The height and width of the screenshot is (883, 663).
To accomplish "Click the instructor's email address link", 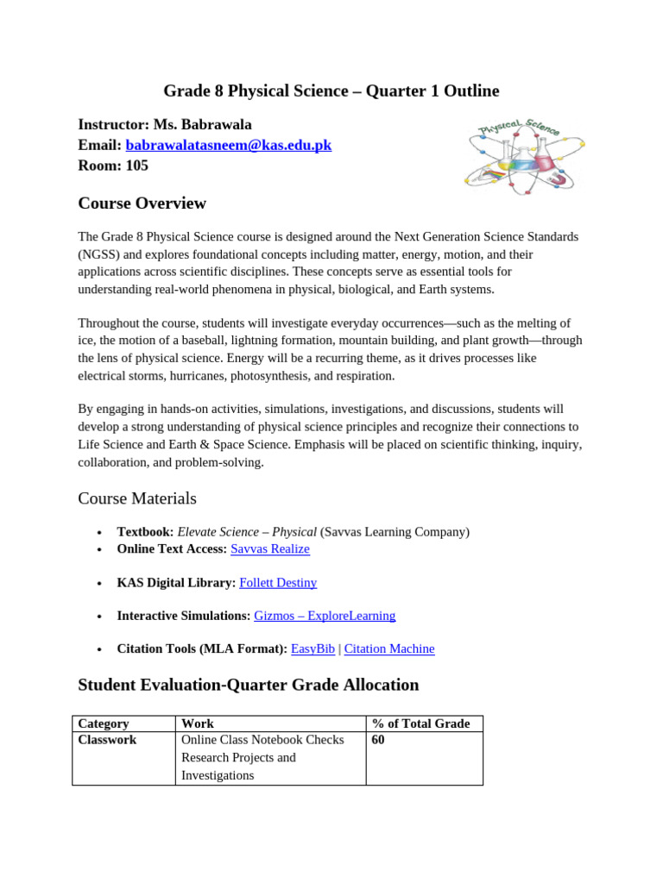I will pos(229,145).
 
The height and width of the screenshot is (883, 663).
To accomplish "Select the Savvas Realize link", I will pos(269,549).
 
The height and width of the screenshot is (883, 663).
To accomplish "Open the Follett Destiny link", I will pos(278,583).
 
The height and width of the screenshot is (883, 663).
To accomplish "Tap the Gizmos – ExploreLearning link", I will pos(325,616).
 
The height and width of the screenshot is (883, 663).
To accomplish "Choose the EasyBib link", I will pos(313,648).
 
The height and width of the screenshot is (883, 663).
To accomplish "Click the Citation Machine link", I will pos(389,648).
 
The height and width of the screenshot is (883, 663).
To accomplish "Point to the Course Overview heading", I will pos(142,204).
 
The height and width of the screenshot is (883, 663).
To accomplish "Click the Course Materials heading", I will pos(137,498).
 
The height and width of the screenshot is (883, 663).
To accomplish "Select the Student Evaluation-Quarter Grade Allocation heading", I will pos(249,685).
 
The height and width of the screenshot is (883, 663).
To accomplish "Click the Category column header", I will pos(104,723).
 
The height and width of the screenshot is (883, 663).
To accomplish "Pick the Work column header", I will pos(198,723).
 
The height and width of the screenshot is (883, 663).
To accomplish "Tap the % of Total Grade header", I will pos(421,723).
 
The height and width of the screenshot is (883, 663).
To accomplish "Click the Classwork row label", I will pos(107,740).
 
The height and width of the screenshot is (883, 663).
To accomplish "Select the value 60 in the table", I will pos(378,740).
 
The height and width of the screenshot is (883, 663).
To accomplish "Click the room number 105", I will pos(137,166).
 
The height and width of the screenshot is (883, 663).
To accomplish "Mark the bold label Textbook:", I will pos(145,532).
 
